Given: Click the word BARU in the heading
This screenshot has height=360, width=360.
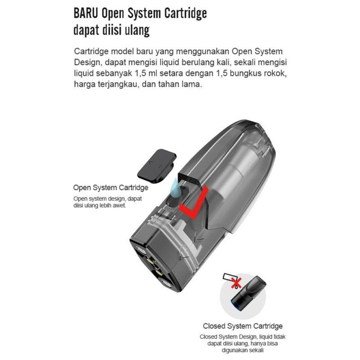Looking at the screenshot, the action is [86, 13].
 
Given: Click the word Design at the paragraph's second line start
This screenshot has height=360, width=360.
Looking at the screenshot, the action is [88, 63].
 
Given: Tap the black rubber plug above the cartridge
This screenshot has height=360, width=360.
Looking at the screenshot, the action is [157, 165].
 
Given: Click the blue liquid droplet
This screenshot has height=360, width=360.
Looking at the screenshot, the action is [175, 187].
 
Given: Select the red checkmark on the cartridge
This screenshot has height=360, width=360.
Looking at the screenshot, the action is [194, 202].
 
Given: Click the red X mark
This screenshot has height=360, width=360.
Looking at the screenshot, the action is [236, 283].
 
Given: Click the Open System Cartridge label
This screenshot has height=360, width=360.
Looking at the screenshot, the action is [111, 188].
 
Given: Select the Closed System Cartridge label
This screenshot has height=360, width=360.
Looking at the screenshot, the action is [243, 326].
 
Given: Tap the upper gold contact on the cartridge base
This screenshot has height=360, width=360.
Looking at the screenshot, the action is [151, 261].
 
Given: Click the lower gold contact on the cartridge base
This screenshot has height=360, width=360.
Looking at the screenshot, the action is [159, 273].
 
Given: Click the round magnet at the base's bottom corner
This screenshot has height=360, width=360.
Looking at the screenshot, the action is [167, 284].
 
